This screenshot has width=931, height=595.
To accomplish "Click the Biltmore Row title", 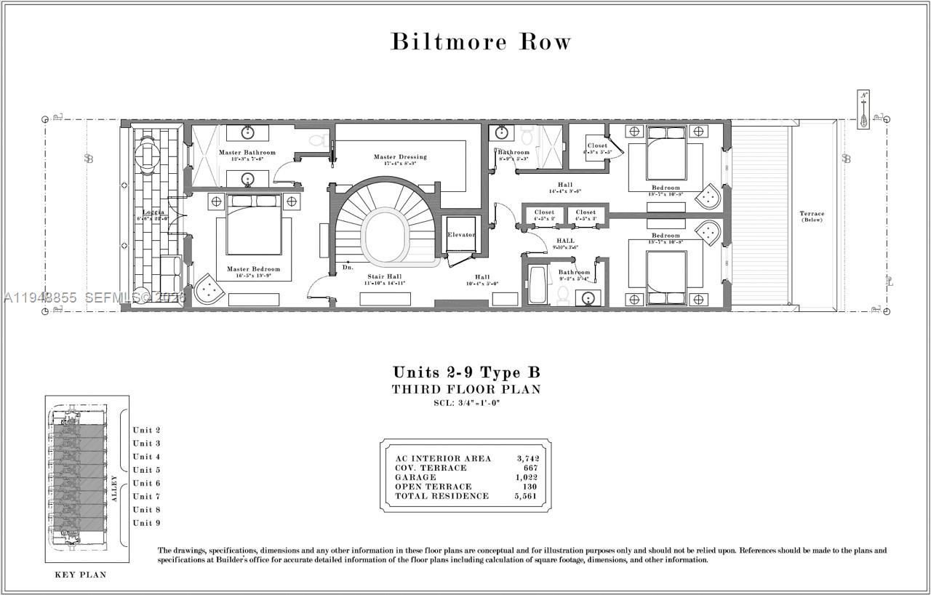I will point(481,41).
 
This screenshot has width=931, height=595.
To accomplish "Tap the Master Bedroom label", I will point(249,269).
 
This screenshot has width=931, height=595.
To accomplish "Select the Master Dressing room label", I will point(400,156).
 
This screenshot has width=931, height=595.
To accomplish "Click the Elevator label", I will point(461,235).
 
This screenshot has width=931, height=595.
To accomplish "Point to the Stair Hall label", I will point(384,276).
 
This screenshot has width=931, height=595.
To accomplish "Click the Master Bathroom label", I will point(247,152).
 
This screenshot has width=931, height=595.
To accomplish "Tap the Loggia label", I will point(153,212).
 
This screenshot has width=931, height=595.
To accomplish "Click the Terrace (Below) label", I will point(812,216).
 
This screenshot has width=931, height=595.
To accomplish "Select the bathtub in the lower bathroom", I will point(537,286).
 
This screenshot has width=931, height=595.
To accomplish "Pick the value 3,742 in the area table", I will point(527,458).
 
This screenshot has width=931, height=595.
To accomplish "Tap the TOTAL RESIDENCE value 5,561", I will point(527,496).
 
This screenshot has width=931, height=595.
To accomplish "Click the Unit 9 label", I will point(146,523).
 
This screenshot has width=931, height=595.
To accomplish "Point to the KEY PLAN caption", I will point(81,575).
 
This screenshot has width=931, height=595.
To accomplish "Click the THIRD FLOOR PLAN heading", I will point(466,389).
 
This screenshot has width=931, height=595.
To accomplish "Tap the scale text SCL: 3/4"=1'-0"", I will point(466,402).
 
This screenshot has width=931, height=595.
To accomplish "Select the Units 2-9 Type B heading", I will point(466,372).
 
